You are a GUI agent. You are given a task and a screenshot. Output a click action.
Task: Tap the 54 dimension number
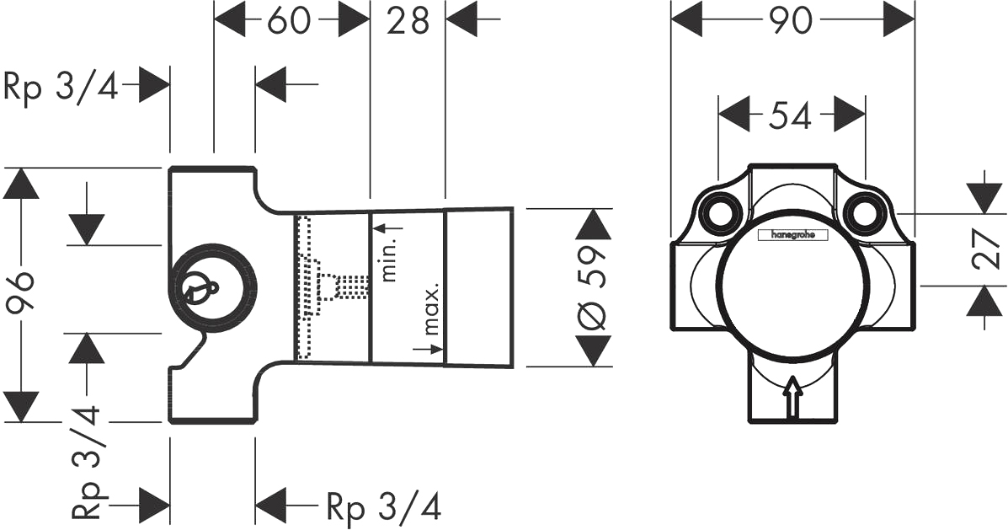pos(792,116)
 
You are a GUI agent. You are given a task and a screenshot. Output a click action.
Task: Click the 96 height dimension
pos(19,292)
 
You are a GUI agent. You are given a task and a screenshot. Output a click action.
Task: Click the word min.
pos(390,258)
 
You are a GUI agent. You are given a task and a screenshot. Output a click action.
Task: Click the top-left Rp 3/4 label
pos(61,86)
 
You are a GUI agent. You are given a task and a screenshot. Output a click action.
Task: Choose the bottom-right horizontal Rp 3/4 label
pos(384,507)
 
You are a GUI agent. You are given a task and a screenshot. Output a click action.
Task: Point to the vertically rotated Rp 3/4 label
pos(86,461)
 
